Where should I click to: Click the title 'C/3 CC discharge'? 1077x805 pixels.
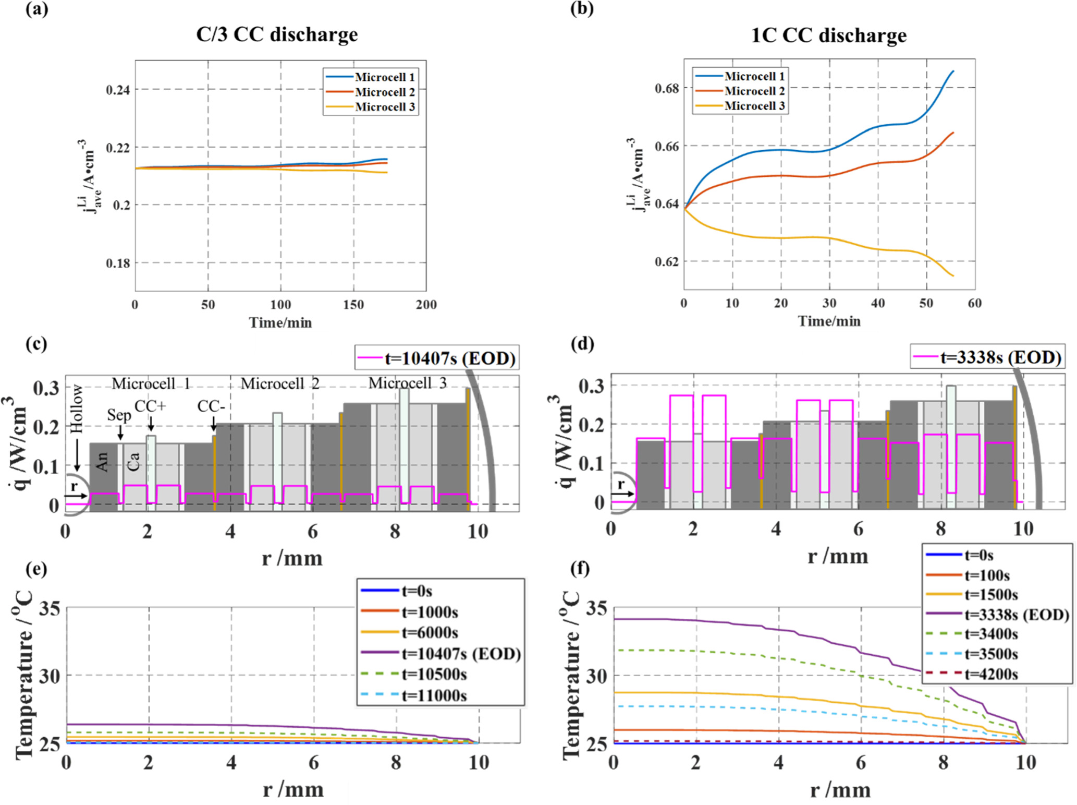277,35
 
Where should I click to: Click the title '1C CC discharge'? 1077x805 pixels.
828,35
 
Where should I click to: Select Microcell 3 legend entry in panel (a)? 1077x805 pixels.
385,107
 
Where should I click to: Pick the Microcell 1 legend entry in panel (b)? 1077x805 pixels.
754,76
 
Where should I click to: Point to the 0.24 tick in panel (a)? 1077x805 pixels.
118,90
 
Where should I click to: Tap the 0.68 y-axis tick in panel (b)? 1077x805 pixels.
667,88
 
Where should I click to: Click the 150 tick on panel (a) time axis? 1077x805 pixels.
353,305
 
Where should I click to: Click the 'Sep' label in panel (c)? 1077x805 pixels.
119,415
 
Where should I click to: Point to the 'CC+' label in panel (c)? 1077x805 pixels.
150,406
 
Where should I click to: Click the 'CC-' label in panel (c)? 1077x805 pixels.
211,406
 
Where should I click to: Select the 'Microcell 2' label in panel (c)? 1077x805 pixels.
280,384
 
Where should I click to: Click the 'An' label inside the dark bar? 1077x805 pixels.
103,461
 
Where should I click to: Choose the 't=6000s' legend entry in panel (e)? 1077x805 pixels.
430,633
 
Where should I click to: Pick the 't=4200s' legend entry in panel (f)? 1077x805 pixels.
991,674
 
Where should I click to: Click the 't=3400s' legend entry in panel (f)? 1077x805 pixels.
991,634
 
